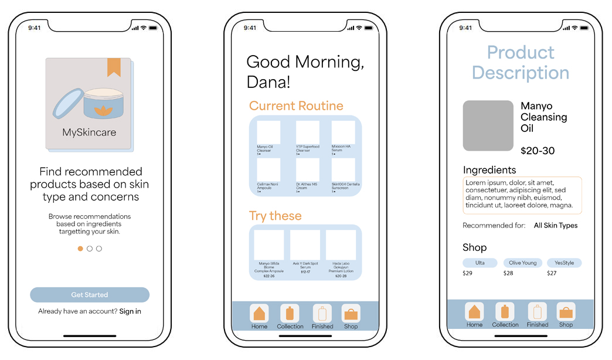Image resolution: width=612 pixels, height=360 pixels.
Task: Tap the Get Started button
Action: (90, 295)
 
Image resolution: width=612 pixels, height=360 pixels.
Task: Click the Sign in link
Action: (130, 311)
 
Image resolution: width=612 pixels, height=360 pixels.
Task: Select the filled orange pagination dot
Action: (80, 249)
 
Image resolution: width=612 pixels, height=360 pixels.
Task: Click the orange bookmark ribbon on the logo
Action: (114, 67)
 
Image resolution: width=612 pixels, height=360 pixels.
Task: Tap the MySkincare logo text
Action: (89, 133)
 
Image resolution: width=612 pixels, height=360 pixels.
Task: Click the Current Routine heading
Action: (296, 106)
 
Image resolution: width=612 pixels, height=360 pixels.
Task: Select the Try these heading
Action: (275, 216)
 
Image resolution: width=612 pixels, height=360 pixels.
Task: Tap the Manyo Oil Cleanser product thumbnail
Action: (268, 132)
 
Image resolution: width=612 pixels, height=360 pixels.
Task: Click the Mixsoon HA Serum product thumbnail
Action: (343, 132)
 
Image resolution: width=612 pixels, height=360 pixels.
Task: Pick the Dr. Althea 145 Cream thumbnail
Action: (307, 169)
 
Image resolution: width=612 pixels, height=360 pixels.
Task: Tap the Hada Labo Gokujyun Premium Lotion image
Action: (341, 245)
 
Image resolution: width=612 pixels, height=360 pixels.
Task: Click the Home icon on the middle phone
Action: (259, 313)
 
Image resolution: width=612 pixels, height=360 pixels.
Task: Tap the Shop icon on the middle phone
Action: (351, 313)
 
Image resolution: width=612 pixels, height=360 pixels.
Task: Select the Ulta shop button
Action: (480, 263)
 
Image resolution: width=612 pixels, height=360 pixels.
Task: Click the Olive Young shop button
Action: (523, 263)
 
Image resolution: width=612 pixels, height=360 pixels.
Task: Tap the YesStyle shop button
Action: (564, 263)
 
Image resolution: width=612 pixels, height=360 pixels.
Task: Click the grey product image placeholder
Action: (488, 125)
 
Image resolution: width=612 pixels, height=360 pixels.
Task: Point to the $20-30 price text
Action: (538, 151)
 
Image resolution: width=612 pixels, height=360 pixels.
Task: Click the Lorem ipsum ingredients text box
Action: (522, 195)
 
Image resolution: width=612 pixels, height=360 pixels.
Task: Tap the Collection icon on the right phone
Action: (505, 311)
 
